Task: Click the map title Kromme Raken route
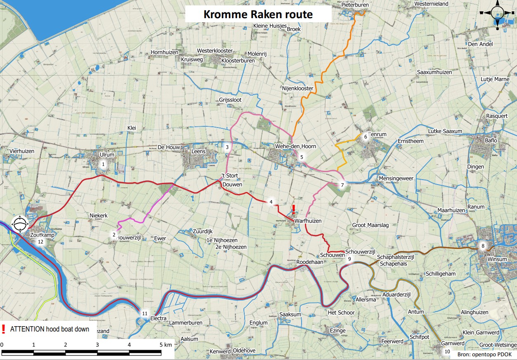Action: click(x=258, y=14)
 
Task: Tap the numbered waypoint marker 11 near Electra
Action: click(x=144, y=313)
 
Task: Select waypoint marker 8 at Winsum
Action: click(x=483, y=246)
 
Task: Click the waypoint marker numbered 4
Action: click(x=271, y=202)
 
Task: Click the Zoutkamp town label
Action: click(x=42, y=234)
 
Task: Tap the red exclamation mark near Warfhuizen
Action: click(x=293, y=208)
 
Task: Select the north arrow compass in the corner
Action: click(x=497, y=14)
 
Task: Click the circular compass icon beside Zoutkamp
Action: click(x=20, y=225)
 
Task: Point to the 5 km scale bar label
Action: click(x=165, y=344)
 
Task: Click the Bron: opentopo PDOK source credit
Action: click(x=484, y=354)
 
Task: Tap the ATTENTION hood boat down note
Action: click(x=50, y=329)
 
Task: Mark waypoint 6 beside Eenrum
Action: click(x=365, y=136)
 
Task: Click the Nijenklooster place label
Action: click(x=297, y=88)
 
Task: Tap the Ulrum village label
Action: click(x=106, y=154)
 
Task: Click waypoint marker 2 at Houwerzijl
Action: click(x=114, y=234)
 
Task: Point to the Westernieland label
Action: click(x=431, y=3)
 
